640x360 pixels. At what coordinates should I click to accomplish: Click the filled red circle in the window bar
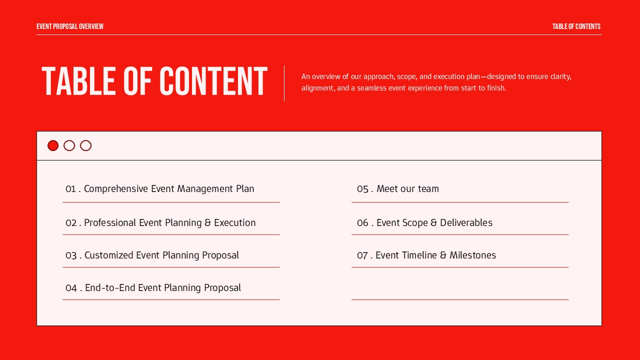coord(53,145)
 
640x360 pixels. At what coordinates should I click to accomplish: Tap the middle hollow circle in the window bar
coord(69,145)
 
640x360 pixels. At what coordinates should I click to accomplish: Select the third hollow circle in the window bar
coord(86,145)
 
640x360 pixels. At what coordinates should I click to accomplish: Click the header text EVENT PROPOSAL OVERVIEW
coord(70,26)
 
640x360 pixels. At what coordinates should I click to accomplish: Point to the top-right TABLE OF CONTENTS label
coord(576,26)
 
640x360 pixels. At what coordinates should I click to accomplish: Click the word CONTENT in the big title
coord(213,81)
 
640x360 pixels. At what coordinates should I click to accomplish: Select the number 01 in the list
coord(70,189)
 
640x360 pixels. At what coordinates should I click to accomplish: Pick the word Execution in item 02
coord(234,223)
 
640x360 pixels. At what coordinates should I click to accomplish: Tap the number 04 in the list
coord(71,288)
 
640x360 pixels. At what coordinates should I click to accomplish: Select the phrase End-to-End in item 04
coord(110,288)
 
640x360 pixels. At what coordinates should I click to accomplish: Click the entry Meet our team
coord(407,189)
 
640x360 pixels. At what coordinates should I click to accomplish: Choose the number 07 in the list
coord(362,255)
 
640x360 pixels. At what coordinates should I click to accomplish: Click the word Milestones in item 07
coord(472,255)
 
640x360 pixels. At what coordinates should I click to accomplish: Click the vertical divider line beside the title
coord(284,83)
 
